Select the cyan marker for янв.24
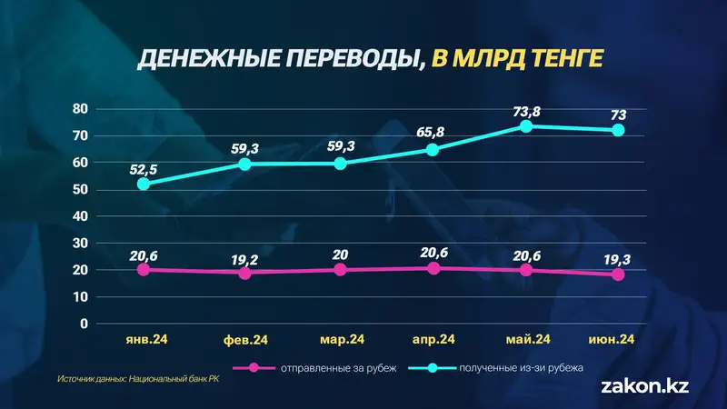tap(144, 184)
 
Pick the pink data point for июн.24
tap(619, 274)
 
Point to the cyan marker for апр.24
tap(433, 149)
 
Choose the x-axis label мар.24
tap(343, 340)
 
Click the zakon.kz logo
tap(645, 385)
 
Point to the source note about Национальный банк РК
tap(138, 379)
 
